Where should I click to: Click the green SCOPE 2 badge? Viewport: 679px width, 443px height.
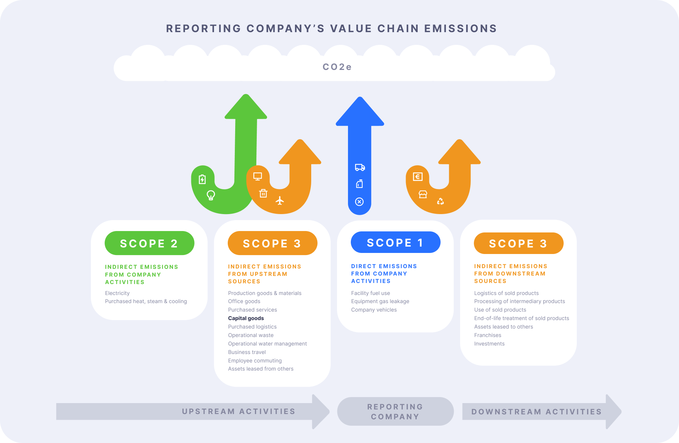coord(149,243)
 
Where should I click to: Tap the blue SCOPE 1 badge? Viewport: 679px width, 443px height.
coord(395,242)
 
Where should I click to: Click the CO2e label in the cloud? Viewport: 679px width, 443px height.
coord(337,67)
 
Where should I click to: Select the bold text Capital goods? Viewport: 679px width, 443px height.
coord(246,318)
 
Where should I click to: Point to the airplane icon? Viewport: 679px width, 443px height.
coord(280,201)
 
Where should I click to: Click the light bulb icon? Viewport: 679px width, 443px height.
coord(211,195)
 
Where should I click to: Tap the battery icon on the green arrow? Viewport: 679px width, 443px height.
coord(202,179)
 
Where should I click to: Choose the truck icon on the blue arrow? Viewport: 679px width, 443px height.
coord(360,167)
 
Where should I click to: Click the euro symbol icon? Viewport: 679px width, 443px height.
coord(418,177)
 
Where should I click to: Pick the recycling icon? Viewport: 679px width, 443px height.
coord(440,201)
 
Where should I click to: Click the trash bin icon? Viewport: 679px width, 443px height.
coord(263,193)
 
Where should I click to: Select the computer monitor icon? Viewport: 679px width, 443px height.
coord(257,176)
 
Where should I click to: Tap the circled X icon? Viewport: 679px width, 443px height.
coord(359,202)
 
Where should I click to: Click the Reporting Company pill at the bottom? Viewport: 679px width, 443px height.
coord(395,412)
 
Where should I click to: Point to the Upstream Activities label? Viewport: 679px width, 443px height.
coord(238,412)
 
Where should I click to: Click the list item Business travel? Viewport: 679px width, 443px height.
coord(247,352)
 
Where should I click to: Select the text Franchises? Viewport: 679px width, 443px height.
coord(488,335)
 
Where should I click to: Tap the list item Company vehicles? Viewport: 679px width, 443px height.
coord(374,310)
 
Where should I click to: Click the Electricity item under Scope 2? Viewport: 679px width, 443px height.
coord(117,293)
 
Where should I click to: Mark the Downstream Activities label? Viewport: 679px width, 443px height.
coord(536,412)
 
